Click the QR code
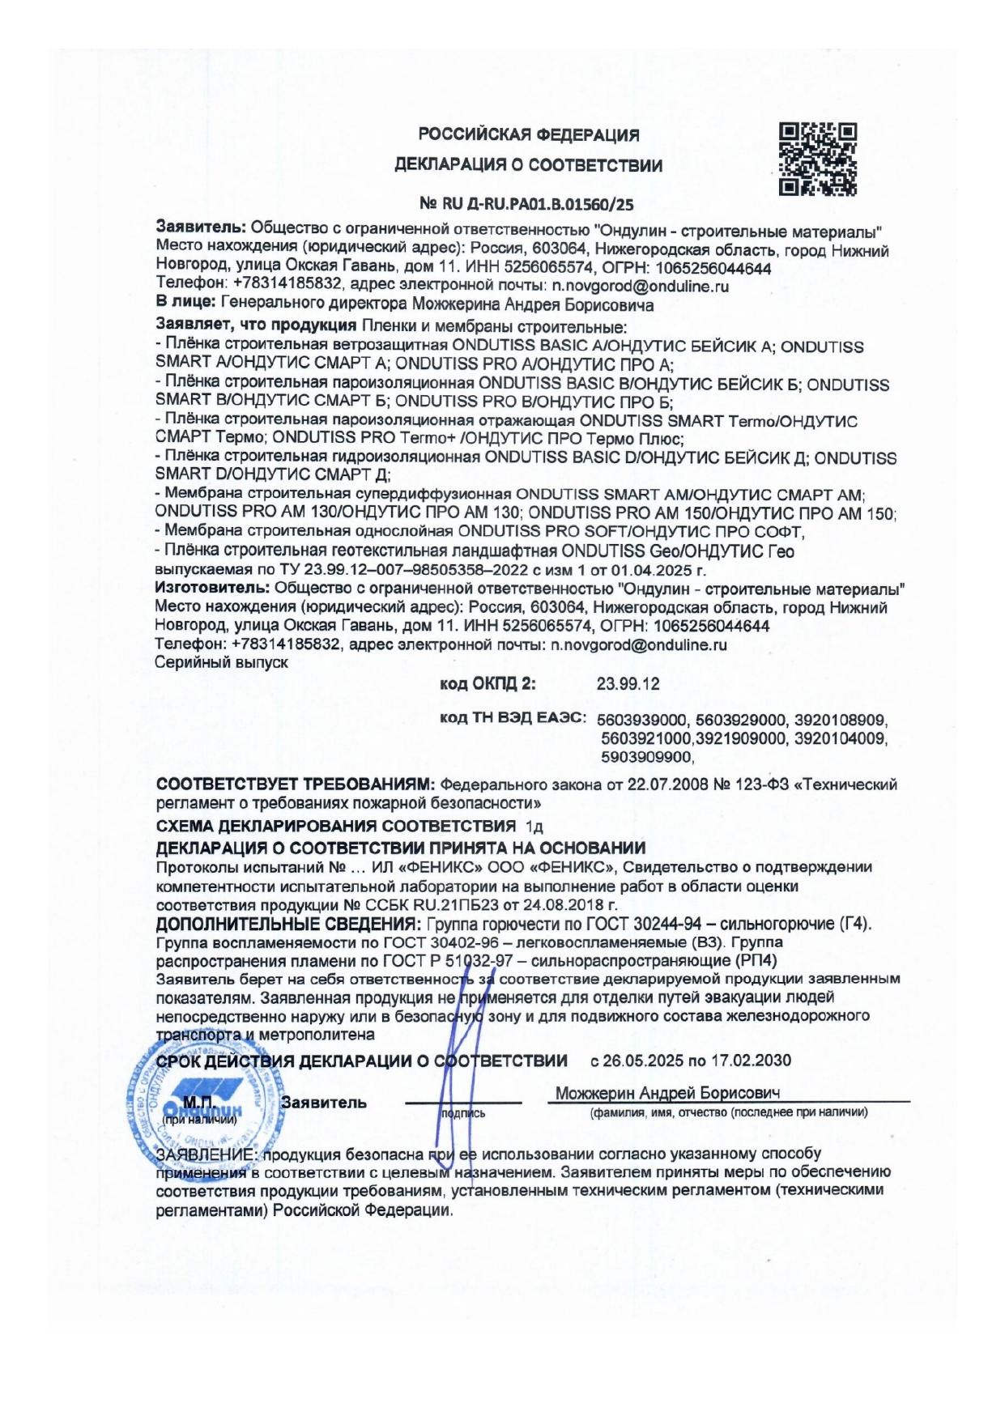[x=817, y=159]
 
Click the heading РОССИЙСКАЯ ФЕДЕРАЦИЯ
[x=528, y=134]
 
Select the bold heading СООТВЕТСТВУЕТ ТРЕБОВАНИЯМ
[x=296, y=784]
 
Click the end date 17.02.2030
[x=752, y=1061]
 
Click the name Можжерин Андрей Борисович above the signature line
[x=667, y=1093]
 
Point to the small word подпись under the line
[x=462, y=1114]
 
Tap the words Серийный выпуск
[x=221, y=662]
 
